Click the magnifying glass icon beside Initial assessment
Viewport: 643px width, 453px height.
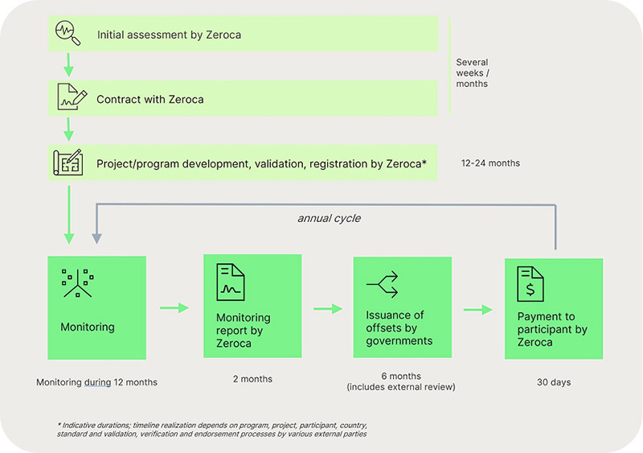pyautogui.click(x=68, y=32)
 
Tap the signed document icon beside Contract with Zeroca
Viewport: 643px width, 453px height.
pyautogui.click(x=72, y=97)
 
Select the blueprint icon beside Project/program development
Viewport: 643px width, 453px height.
pyautogui.click(x=68, y=163)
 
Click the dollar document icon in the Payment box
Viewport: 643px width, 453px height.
pyautogui.click(x=530, y=284)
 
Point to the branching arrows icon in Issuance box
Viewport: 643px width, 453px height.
pyautogui.click(x=383, y=284)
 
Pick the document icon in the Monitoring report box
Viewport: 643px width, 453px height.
pyautogui.click(x=231, y=282)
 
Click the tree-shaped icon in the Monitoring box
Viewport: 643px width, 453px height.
pyautogui.click(x=77, y=283)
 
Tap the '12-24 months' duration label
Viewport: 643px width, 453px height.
pyautogui.click(x=490, y=163)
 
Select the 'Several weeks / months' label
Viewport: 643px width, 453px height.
pyautogui.click(x=473, y=73)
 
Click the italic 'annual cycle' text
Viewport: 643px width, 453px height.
pyautogui.click(x=330, y=218)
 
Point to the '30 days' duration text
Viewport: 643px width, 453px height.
pyautogui.click(x=554, y=382)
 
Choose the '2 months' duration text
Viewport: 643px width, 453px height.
pyautogui.click(x=252, y=379)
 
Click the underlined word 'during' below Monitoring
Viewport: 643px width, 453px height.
pyautogui.click(x=97, y=382)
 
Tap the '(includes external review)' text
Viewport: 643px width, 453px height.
pyautogui.click(x=401, y=387)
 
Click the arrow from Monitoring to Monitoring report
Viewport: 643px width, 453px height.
pyautogui.click(x=174, y=307)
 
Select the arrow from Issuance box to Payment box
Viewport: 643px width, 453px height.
pyautogui.click(x=477, y=309)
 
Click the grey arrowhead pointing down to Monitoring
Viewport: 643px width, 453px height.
pyautogui.click(x=96, y=239)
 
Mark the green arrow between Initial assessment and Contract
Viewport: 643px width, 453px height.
pyautogui.click(x=68, y=64)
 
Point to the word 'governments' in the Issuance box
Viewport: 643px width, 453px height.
pyautogui.click(x=399, y=341)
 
